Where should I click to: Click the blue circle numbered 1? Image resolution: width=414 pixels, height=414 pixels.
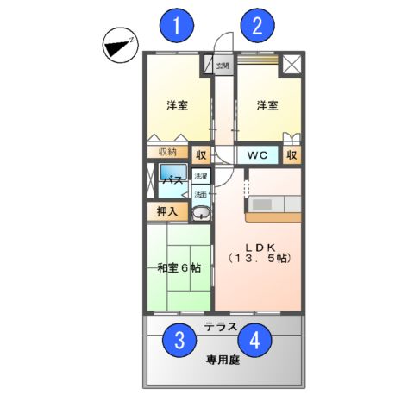177,25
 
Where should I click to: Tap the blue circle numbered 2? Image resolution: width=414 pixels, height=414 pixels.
256,25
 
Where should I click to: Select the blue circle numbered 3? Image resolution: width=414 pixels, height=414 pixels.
179,340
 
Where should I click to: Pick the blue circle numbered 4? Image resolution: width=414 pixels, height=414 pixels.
254,340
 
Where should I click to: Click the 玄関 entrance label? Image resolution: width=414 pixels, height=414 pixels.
222,65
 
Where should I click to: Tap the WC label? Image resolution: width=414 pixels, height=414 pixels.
257,155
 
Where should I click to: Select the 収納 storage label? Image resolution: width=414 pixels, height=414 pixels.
166,153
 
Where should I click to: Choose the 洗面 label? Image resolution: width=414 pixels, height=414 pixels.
200,194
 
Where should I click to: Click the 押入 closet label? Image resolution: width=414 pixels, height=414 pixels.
166,210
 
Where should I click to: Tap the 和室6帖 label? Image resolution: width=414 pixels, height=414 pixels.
179,268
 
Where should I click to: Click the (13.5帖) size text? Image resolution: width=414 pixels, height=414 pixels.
258,259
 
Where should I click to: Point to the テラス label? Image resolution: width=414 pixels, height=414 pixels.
223,327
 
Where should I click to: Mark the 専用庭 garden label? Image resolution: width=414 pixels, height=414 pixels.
223,360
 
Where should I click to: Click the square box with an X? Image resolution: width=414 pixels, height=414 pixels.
292,64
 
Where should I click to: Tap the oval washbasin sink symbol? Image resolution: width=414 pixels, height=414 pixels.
200,213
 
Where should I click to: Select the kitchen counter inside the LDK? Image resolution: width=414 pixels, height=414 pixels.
273,207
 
